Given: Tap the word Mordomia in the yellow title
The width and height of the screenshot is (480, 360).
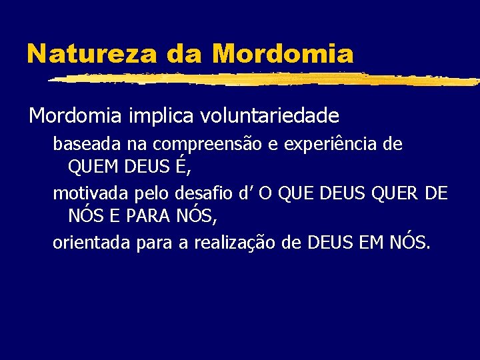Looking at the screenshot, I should [284, 53].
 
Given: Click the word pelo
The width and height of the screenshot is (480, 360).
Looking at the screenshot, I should [157, 195].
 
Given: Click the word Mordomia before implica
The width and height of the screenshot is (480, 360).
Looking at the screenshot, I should [74, 116].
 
